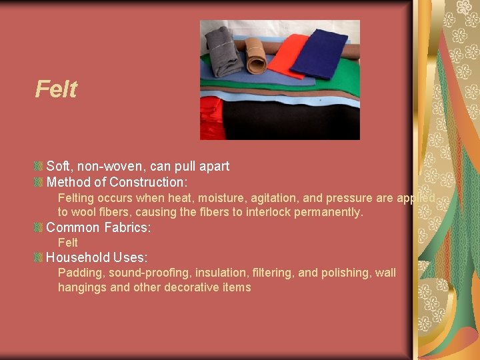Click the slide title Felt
point(56,89)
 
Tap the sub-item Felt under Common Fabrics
point(68,243)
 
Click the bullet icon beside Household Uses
point(39,257)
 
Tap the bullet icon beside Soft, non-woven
point(39,166)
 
